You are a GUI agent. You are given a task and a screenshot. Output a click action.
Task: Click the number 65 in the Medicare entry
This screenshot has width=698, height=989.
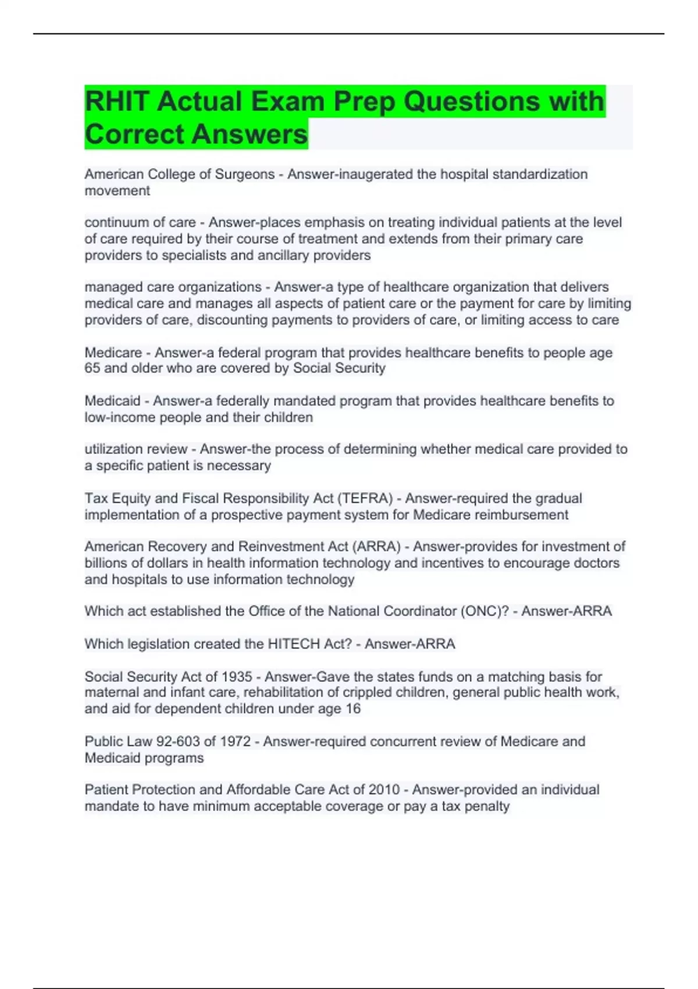pos(92,368)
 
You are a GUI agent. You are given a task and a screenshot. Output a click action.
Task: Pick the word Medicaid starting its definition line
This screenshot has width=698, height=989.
pos(112,401)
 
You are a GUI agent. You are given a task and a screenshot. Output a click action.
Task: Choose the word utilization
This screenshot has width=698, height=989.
pos(114,449)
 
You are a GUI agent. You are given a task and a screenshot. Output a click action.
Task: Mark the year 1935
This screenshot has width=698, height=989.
pos(237,677)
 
